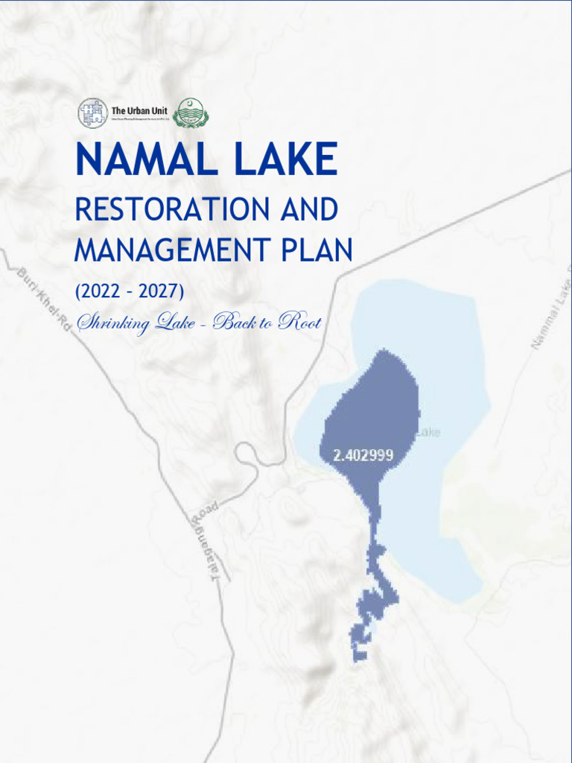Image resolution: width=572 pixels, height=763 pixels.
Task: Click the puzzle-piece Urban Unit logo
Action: [x=93, y=113]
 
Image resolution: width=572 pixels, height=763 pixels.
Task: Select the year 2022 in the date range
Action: [x=100, y=291]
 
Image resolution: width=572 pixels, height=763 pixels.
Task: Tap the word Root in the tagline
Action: [x=299, y=323]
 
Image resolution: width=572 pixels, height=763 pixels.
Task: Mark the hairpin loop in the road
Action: [x=245, y=455]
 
